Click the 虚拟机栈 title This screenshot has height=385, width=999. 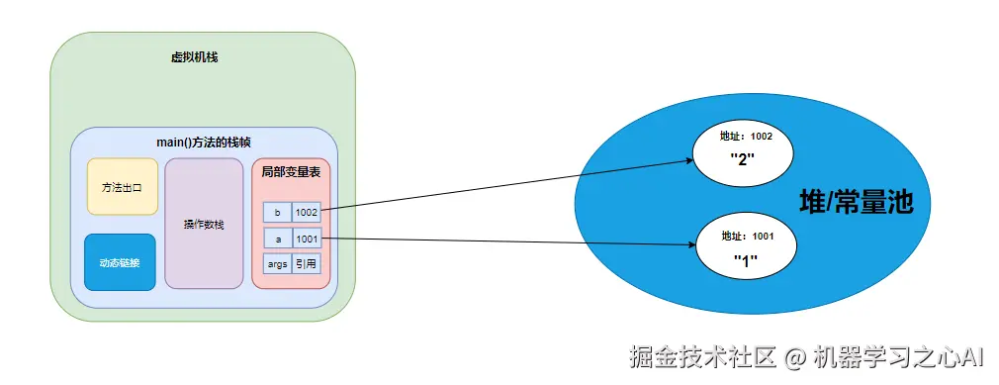(194, 57)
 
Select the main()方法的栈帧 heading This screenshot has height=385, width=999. (204, 143)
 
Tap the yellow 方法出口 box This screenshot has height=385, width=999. (122, 186)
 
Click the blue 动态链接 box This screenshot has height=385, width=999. (120, 262)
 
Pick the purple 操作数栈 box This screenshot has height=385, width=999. (204, 225)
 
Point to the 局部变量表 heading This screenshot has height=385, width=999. (291, 171)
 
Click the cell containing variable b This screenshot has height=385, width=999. (277, 212)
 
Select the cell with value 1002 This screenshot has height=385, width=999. (307, 212)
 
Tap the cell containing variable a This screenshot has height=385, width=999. (277, 238)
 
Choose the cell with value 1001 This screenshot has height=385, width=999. (307, 238)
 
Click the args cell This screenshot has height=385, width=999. (277, 264)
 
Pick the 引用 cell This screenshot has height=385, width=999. (307, 264)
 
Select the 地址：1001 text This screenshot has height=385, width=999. (746, 237)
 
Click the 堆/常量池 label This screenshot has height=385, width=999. (856, 204)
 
